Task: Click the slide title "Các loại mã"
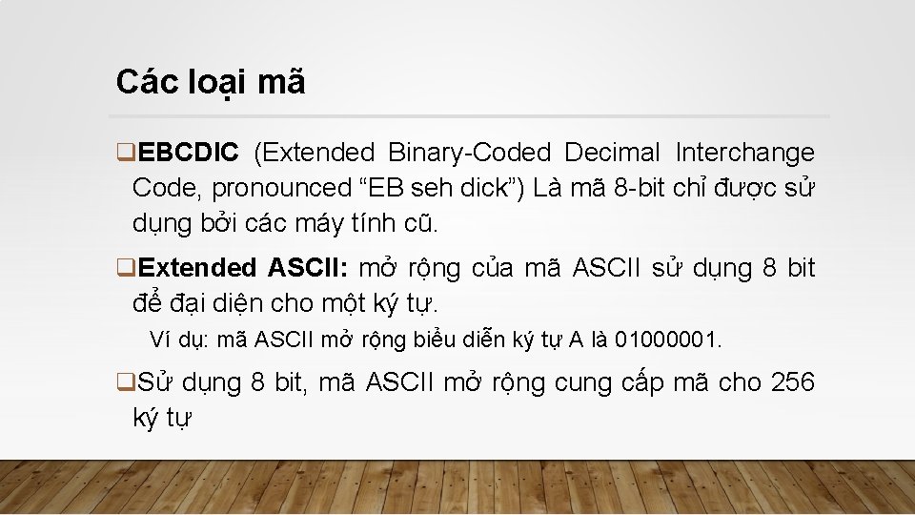(x=211, y=83)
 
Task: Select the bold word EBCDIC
(x=188, y=153)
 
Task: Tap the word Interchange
(x=744, y=153)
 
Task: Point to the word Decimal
(x=612, y=153)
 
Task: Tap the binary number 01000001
(x=669, y=340)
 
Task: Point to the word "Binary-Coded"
(x=469, y=153)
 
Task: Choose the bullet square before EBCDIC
(x=123, y=153)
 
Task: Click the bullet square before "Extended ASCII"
(x=123, y=268)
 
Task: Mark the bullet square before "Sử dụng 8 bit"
(x=123, y=383)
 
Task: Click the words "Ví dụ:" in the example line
(x=180, y=340)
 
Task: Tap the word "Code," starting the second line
(x=165, y=188)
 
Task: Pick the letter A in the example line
(x=576, y=340)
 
